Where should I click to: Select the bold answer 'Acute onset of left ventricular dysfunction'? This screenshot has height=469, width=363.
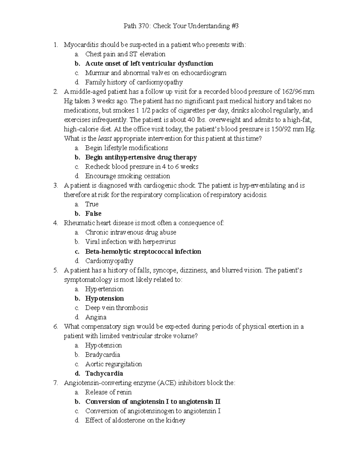click(149, 63)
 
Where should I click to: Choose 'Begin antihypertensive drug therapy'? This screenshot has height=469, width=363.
click(141, 157)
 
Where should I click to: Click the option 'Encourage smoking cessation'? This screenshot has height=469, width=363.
click(127, 176)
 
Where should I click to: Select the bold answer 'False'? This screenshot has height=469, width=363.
click(93, 214)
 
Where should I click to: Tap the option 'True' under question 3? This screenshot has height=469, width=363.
click(92, 204)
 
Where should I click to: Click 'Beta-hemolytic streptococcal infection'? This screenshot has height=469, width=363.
click(143, 252)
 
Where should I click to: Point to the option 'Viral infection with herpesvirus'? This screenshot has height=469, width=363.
click(130, 242)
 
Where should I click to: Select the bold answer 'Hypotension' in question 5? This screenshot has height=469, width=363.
click(105, 298)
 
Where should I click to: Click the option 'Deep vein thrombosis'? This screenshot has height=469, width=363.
click(116, 308)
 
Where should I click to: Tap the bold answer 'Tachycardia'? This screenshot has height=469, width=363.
click(104, 374)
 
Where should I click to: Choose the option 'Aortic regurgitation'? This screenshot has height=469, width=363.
click(113, 364)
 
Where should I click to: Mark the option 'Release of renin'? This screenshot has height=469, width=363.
click(108, 392)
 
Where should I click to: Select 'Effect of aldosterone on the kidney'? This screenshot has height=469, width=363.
click(135, 420)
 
